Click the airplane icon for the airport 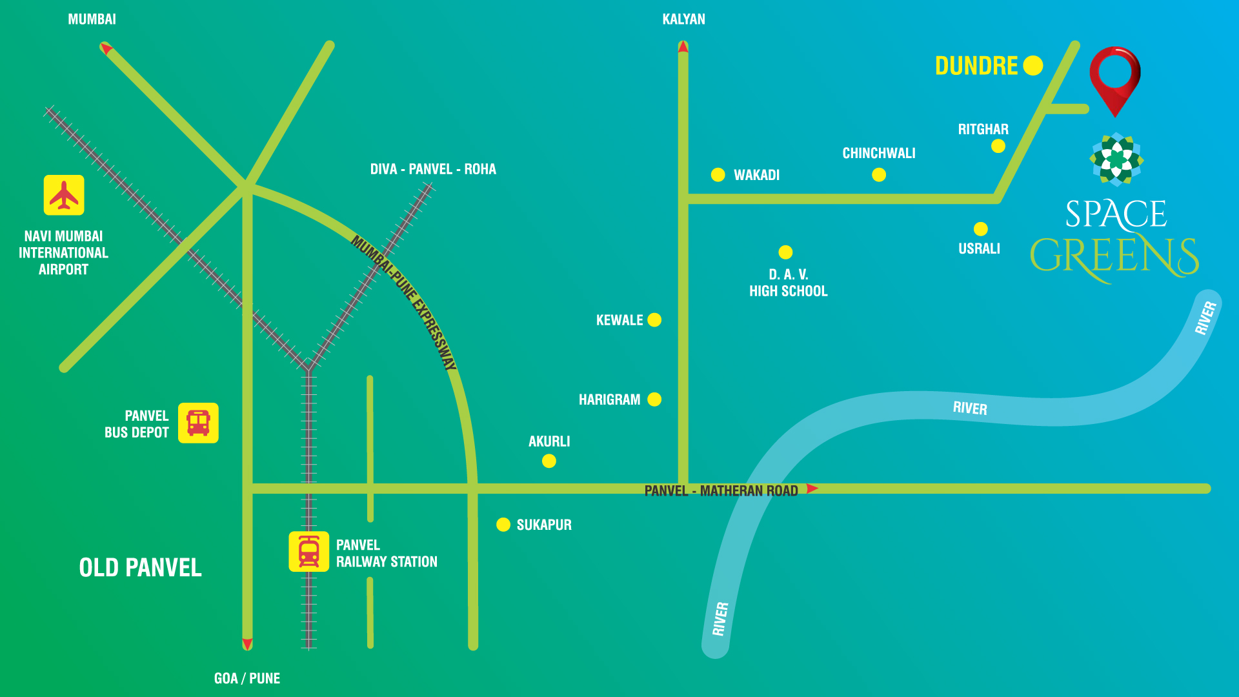pos(64,195)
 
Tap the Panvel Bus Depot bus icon pos(198,423)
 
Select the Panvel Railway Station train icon pos(308,552)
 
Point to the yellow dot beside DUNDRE pos(1032,65)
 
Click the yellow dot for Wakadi pos(718,175)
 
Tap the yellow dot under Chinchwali pos(879,175)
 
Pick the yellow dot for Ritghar pos(998,146)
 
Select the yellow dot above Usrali pos(981,229)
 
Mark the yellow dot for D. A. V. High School pos(785,252)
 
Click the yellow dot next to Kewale pos(654,320)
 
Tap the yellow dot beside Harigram pos(654,399)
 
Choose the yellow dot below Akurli pos(549,461)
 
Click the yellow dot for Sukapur pos(503,525)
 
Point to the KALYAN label pos(683,19)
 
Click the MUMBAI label pos(92,19)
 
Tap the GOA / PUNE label pos(247,678)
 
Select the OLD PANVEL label pos(140,568)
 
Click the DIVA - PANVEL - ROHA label pos(433,169)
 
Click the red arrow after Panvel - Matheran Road pos(812,489)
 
